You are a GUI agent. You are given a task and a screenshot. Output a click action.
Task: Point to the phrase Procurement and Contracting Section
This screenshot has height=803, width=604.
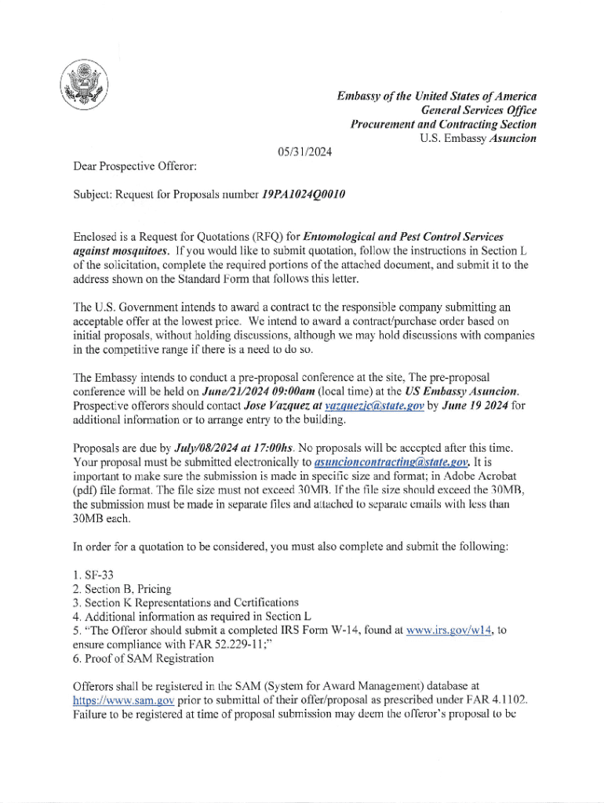tap(443, 124)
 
